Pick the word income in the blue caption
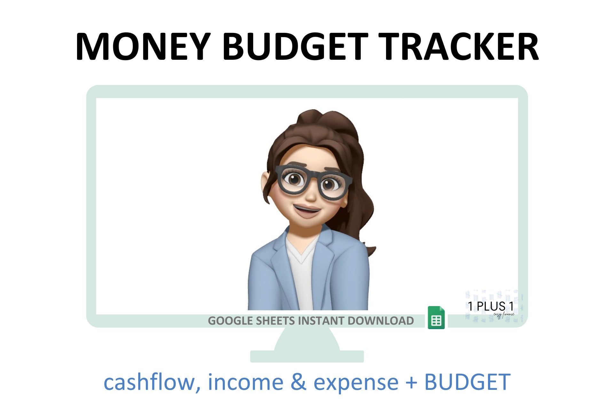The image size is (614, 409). coord(246,382)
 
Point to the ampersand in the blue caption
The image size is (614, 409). coord(298,382)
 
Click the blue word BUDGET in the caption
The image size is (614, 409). coord(467,382)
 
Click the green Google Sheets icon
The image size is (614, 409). coord(436,318)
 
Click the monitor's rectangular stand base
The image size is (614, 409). coord(307,356)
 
